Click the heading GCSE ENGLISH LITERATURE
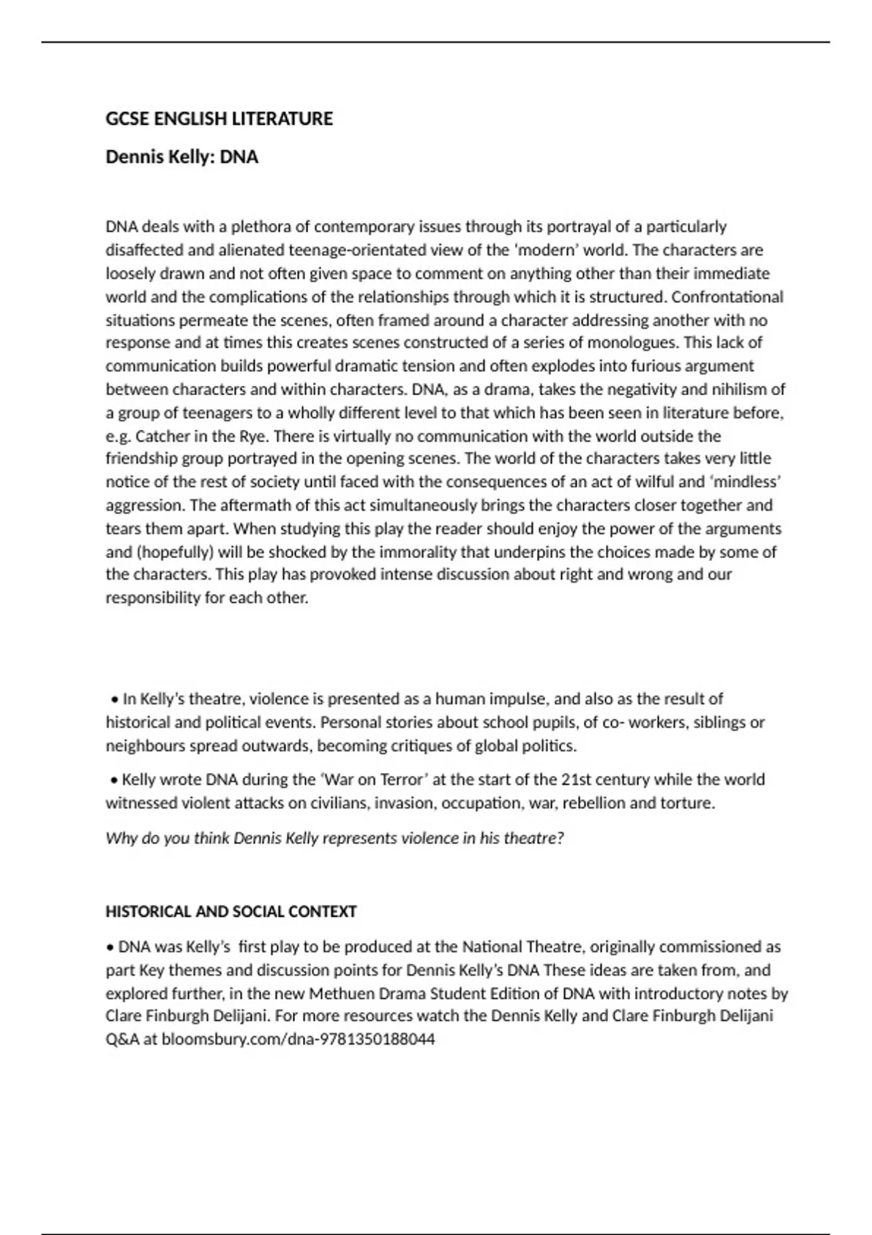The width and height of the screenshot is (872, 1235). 219,119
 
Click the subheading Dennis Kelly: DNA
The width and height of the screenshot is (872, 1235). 182,157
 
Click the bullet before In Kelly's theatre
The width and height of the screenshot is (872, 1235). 114,700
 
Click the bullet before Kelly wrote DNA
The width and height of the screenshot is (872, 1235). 114,780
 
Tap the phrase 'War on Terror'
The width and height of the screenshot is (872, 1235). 374,780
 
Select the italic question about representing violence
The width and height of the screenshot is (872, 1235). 334,838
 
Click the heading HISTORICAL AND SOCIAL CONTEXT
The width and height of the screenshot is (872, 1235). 231,912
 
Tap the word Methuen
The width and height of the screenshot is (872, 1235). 339,994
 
